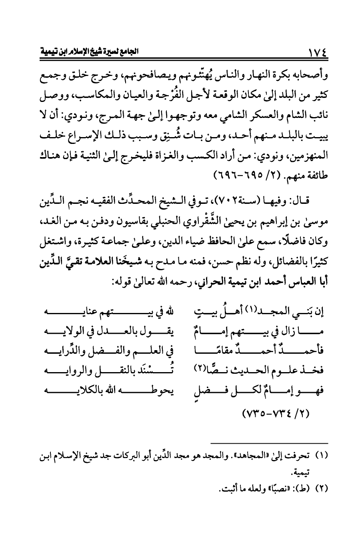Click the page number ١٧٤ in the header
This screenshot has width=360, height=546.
tap(315, 52)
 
